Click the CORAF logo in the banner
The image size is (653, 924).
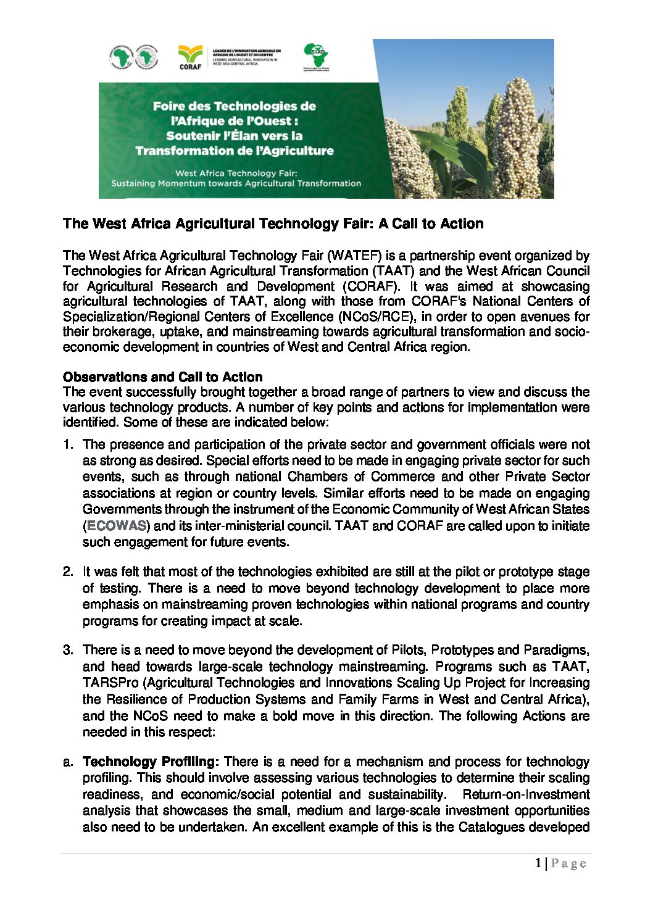pyautogui.click(x=190, y=57)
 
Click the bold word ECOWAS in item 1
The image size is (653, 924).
pyautogui.click(x=117, y=526)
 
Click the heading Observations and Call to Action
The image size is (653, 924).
pyautogui.click(x=162, y=377)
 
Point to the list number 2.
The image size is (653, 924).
pyautogui.click(x=68, y=572)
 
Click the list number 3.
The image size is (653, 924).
pyautogui.click(x=68, y=650)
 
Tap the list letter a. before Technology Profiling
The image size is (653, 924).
pyautogui.click(x=68, y=762)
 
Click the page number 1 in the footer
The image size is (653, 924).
pyautogui.click(x=538, y=864)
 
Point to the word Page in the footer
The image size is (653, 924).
pyautogui.click(x=568, y=864)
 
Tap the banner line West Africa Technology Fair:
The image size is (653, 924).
pyautogui.click(x=236, y=173)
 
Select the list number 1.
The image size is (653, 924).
pyautogui.click(x=68, y=444)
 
